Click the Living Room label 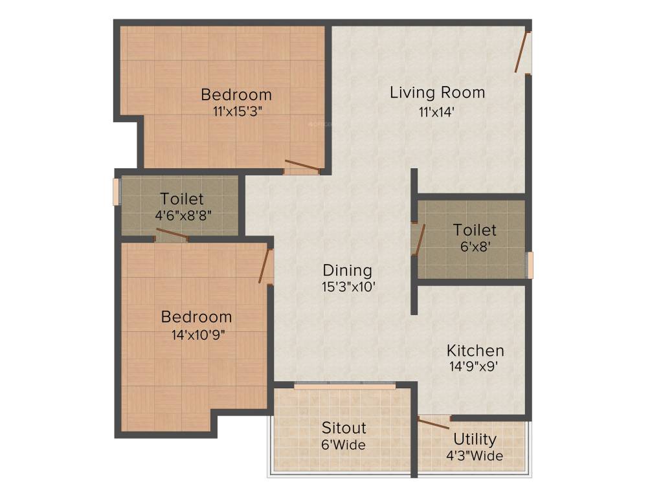[437, 93]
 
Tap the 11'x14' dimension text [436, 111]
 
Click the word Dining [348, 270]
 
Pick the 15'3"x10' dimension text [348, 287]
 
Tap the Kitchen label [475, 351]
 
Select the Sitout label [344, 428]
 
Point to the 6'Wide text [344, 445]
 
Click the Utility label [475, 439]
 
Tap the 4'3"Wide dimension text [475, 456]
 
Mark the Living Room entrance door [523, 52]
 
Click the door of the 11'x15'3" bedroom [302, 166]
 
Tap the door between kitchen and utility [434, 423]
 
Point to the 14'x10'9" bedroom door [264, 266]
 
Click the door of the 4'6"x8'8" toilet [172, 234]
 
